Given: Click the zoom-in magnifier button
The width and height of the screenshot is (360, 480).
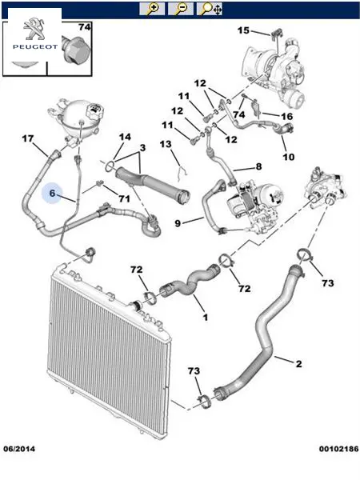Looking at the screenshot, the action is (152, 9).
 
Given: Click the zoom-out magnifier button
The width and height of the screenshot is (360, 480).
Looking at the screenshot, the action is (181, 9).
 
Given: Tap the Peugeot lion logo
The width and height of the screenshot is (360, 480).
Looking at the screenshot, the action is (34, 29).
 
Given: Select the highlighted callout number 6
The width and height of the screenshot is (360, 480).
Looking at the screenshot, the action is (52, 193).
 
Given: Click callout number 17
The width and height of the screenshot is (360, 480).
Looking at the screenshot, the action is (28, 138).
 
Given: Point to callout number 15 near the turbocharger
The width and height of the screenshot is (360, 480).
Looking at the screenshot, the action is (244, 30).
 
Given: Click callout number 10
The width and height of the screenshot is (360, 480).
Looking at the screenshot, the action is (288, 157).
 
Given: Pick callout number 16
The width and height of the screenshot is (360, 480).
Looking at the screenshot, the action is (287, 116).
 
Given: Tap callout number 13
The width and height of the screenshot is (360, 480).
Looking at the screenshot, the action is (166, 144).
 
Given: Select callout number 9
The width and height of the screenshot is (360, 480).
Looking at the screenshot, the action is (178, 223).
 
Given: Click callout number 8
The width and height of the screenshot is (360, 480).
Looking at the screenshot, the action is (258, 166).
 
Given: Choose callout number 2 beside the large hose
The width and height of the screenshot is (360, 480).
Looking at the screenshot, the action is (298, 364).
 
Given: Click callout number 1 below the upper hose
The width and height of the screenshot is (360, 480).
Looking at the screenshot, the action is (206, 317).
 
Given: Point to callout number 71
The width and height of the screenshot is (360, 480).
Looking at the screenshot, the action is (124, 199).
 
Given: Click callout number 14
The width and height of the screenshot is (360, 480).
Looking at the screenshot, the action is (125, 137).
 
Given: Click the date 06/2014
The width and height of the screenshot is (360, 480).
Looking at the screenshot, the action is (19, 449).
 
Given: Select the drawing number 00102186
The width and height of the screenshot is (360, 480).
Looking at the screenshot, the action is (338, 449).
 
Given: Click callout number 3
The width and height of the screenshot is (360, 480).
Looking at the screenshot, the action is (142, 148).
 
